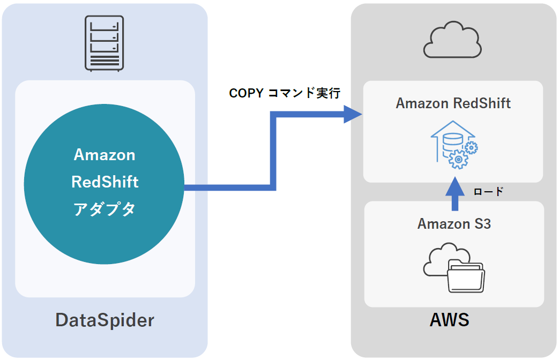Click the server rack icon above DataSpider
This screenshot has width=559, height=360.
pos(105,43)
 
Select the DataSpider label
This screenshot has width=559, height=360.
pos(105,320)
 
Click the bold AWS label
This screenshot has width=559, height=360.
pos(449,320)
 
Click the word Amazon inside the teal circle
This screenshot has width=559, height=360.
pos(105,155)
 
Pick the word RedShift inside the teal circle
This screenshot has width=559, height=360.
pos(105,182)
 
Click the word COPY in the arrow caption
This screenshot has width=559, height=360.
pos(246,93)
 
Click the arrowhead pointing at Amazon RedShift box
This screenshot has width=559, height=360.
pos(352,114)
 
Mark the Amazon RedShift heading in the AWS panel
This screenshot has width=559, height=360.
pos(453,103)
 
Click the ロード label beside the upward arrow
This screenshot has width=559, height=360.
pos(488,191)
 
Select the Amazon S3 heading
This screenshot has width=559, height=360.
pos(454,223)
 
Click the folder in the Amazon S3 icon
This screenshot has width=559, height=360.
pos(466,276)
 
